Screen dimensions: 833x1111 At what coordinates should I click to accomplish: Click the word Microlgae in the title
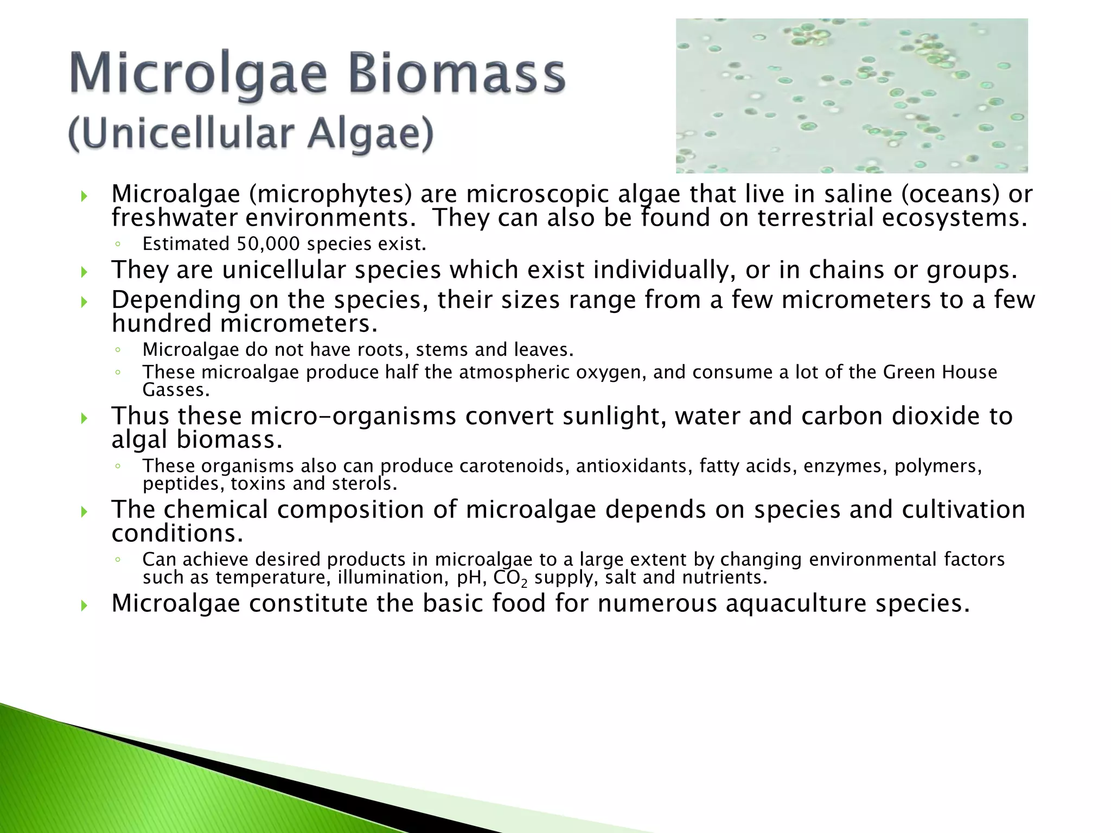[x=199, y=74]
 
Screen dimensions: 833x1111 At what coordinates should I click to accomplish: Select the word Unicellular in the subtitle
[x=187, y=134]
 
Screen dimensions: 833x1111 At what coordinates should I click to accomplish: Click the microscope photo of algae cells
[x=851, y=95]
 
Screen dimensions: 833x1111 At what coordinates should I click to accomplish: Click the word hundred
[x=161, y=324]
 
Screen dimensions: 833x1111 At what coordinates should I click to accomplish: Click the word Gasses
[x=175, y=390]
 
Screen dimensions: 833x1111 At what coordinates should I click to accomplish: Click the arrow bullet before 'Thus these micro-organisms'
[x=84, y=418]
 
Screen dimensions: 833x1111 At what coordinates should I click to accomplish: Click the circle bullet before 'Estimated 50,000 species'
[x=117, y=245]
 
